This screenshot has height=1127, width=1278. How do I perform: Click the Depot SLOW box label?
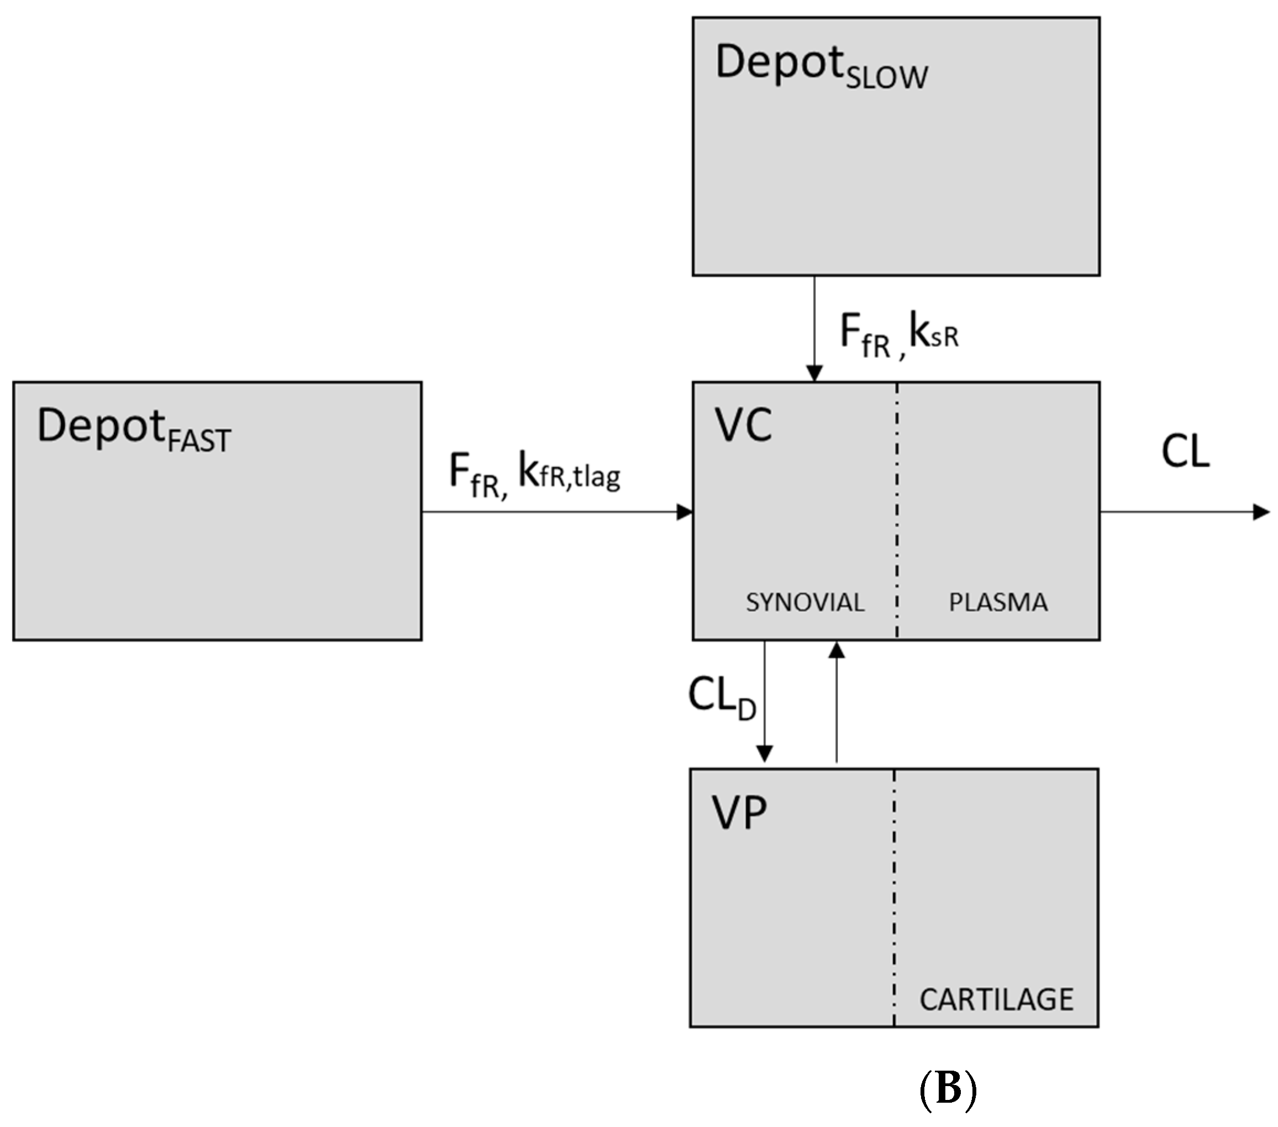821,66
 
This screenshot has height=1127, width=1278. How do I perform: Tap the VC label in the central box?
743,426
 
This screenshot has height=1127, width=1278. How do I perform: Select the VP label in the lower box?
739,813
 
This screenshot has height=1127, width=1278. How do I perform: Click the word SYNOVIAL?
804,603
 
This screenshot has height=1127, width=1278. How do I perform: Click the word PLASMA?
998,603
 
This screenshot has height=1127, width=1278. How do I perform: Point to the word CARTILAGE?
996,999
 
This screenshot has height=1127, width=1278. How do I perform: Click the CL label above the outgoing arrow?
1186,451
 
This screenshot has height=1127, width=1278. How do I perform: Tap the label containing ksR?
898,335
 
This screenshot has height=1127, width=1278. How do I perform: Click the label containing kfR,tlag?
535,475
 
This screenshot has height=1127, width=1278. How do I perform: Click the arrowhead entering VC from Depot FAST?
685,513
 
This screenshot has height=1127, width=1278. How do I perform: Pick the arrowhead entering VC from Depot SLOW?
814,373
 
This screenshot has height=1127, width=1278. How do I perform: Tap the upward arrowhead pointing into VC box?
837,651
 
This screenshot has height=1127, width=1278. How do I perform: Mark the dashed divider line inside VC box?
897,500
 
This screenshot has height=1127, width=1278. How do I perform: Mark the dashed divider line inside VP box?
894,888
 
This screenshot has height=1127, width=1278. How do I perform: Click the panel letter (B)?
948,1089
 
